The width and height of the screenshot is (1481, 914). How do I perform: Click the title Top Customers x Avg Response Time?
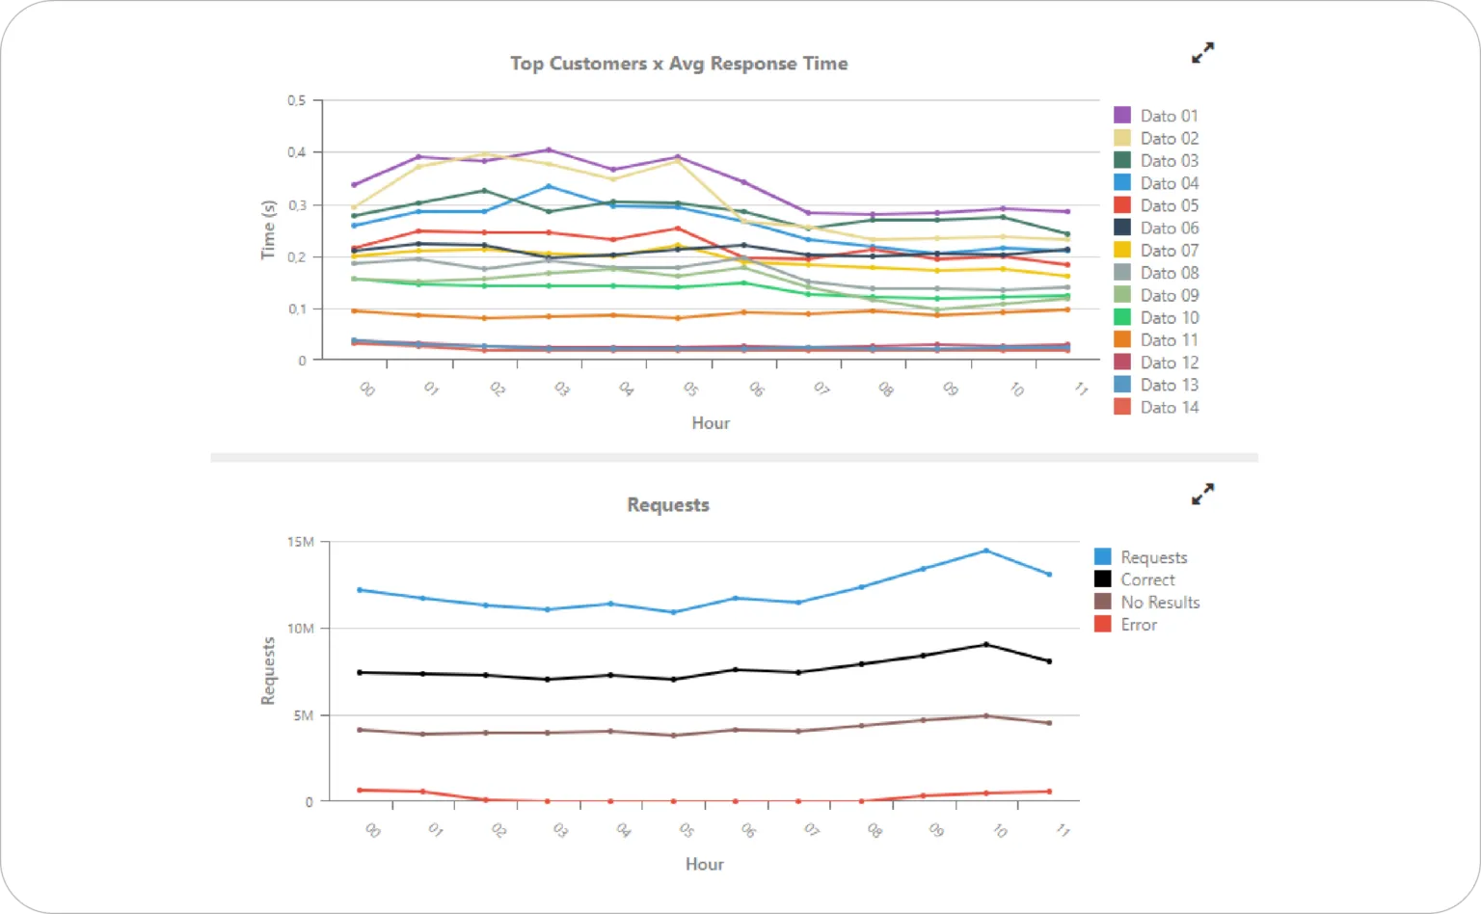coord(679,64)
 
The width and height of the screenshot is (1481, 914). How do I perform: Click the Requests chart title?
coord(668,505)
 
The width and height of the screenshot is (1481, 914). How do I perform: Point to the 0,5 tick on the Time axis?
coord(297,100)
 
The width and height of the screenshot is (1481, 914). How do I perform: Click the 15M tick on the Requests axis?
coord(301,542)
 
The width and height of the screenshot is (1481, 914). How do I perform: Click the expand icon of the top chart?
coord(1202,53)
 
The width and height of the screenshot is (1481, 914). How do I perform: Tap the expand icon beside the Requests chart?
coord(1202,495)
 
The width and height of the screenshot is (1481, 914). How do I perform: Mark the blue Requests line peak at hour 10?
coord(985,551)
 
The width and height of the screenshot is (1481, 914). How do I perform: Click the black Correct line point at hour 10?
coord(985,644)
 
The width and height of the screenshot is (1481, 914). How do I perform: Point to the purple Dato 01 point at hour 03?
coord(548,149)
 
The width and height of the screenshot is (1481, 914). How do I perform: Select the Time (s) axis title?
coord(269,230)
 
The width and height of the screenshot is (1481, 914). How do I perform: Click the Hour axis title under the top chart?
coord(711,423)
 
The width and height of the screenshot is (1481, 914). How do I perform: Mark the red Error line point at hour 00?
coord(360,791)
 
